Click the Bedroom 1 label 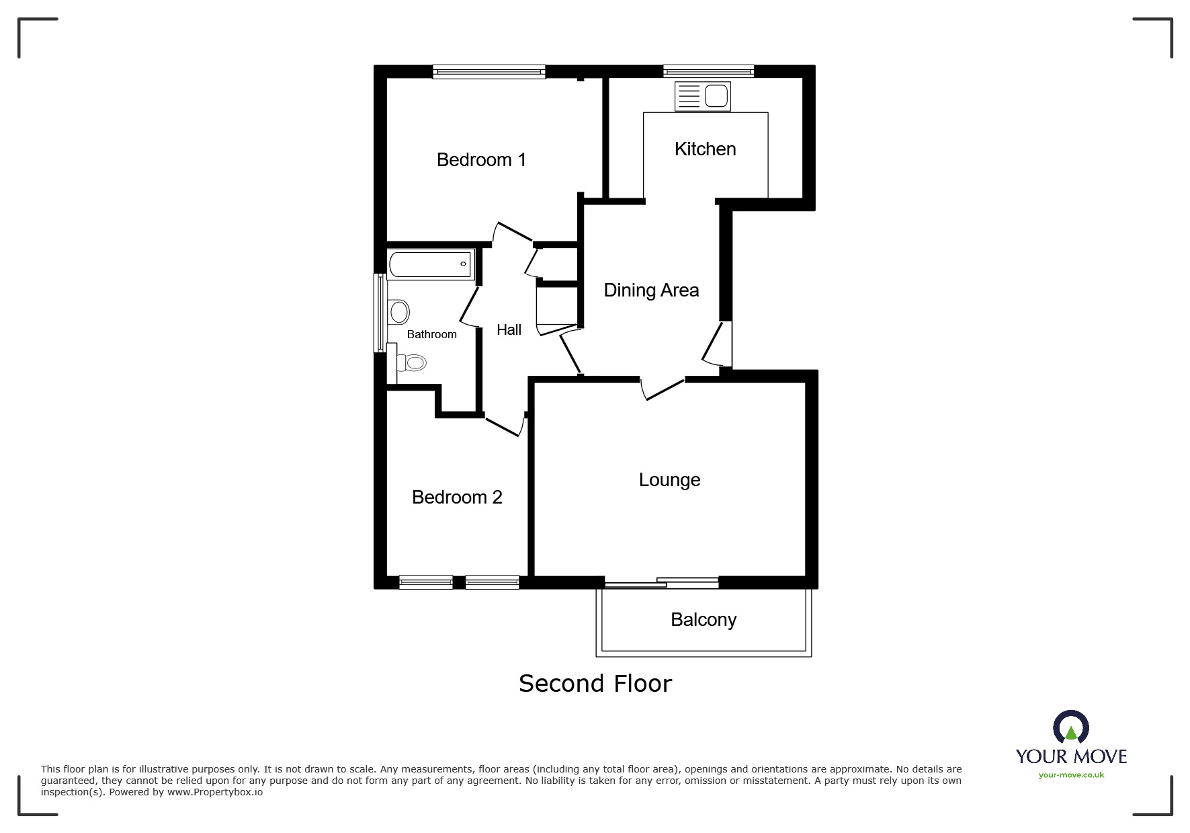pos(481,160)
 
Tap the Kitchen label pos(705,149)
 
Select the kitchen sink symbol pos(702,96)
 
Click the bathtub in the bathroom pos(431,264)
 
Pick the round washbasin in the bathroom pos(400,312)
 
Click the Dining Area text pos(651,290)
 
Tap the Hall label pos(509,330)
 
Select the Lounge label pos(669,480)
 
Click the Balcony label pos(704,620)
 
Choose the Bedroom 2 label pos(457,498)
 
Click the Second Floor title pos(595,684)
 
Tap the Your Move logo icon pos(1070,727)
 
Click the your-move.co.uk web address pos(1071,775)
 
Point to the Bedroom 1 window pos(488,71)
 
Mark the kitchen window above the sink pos(708,71)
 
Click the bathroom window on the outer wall pos(380,313)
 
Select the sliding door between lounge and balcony pos(661,583)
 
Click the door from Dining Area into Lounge pos(663,389)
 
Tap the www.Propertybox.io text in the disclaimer pos(214,793)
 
